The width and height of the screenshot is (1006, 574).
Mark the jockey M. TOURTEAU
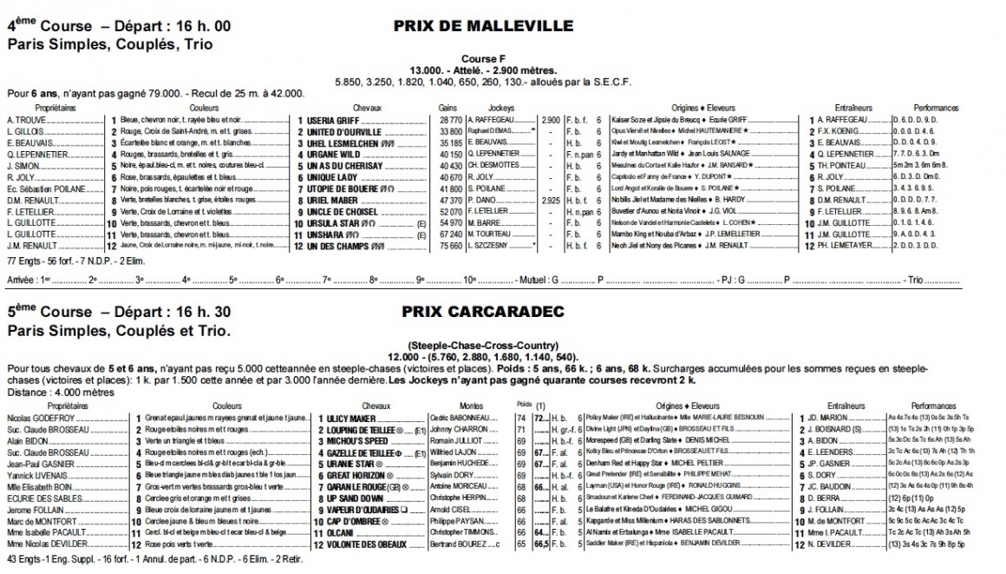[x=491, y=234]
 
